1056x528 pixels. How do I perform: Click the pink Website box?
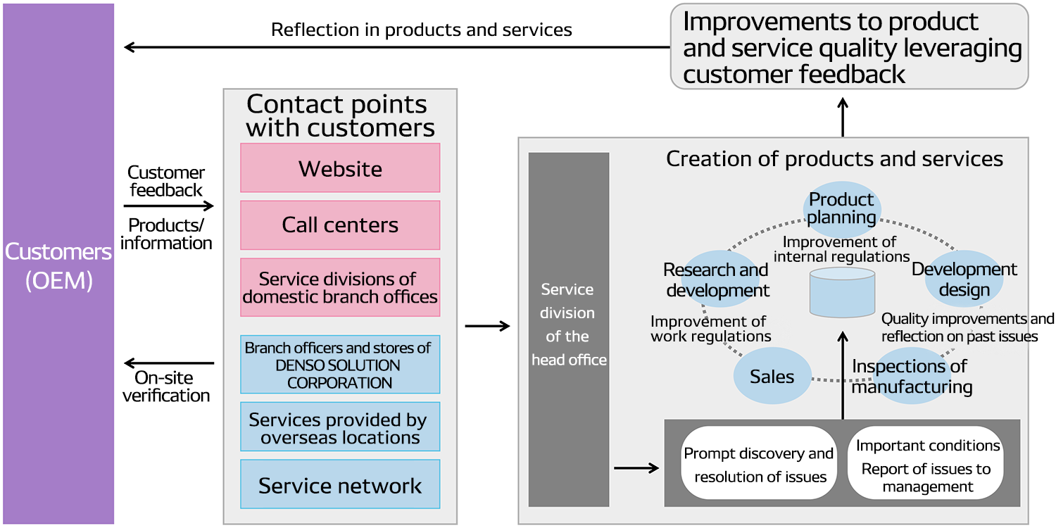tap(340, 168)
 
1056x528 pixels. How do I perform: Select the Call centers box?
tap(340, 225)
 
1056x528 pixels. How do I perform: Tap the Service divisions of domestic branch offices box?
tap(340, 287)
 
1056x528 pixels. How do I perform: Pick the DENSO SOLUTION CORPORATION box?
tap(340, 365)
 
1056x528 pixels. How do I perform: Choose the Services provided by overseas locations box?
tap(340, 427)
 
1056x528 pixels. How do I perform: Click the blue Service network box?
tap(340, 485)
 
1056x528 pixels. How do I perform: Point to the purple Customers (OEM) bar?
tap(58, 264)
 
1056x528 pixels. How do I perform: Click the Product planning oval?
tap(842, 208)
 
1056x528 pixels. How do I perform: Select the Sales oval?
tap(772, 377)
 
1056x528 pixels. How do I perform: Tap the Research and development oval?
tap(717, 279)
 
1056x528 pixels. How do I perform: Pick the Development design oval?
tap(964, 279)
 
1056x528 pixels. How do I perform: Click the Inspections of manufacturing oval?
tap(911, 377)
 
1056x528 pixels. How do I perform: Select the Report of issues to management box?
tap(927, 467)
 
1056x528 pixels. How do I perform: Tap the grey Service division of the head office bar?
tap(569, 329)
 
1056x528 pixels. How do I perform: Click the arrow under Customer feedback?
tap(168, 206)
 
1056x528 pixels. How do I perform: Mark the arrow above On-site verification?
tap(168, 363)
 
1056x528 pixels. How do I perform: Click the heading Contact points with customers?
tap(340, 115)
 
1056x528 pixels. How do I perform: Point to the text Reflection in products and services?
tap(421, 30)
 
